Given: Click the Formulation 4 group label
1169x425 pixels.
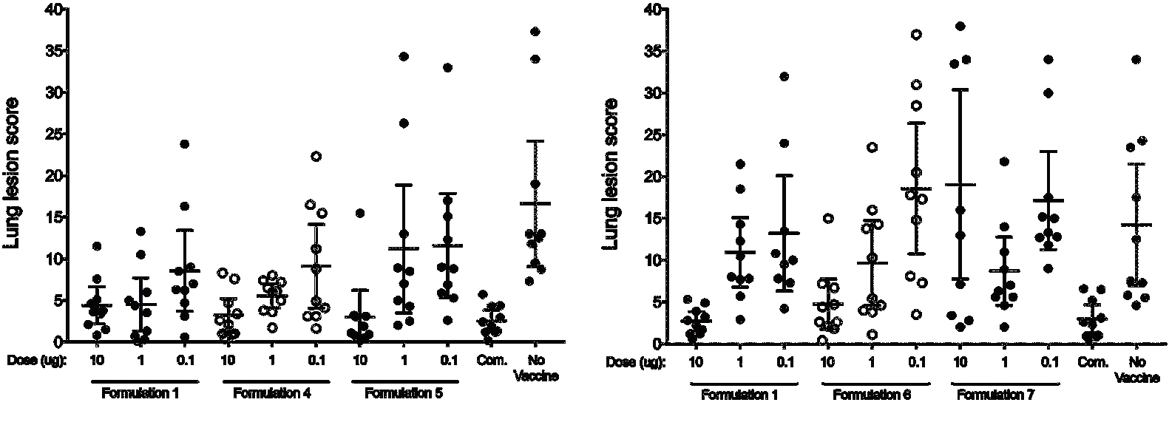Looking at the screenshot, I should [x=271, y=393].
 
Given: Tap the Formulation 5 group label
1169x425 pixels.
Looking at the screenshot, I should [x=404, y=393].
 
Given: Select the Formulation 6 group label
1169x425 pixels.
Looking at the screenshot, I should [x=871, y=395].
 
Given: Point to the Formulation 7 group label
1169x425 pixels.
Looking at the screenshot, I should [x=996, y=395].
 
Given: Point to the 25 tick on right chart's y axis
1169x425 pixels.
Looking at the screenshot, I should [x=652, y=135].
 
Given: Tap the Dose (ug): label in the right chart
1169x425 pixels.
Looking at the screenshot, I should [x=635, y=363].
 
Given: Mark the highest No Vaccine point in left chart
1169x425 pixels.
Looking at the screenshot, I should [x=535, y=32].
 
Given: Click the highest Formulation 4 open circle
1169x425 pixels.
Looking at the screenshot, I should [x=316, y=156].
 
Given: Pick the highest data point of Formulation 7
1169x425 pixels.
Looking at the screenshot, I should [x=960, y=26].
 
